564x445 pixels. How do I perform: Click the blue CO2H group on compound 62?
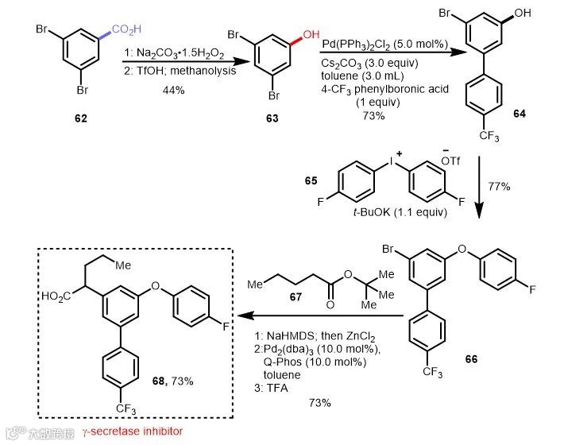(x=125, y=29)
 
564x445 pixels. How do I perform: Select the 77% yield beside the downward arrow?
(x=498, y=187)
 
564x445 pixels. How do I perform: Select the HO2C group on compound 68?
(x=64, y=297)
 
